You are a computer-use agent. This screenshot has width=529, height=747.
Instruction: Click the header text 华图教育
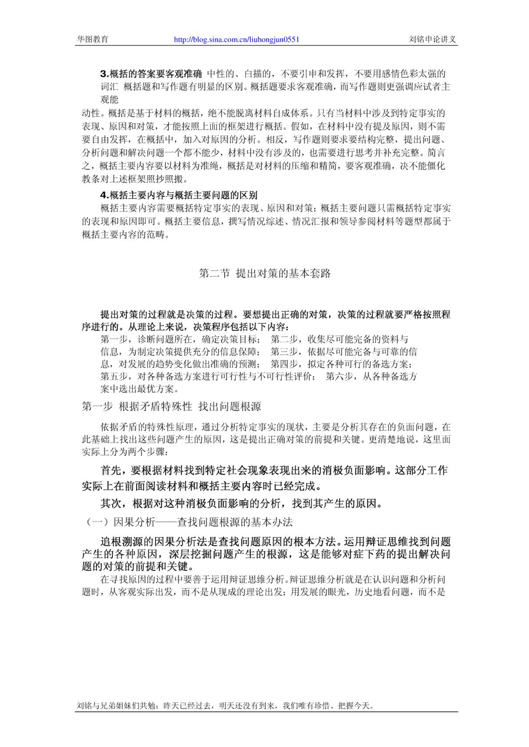(x=93, y=39)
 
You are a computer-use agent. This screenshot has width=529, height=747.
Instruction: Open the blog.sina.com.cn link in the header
(x=237, y=39)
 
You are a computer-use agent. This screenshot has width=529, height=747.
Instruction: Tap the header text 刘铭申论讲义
(x=432, y=39)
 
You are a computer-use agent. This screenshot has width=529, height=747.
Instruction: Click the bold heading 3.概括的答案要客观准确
(x=151, y=73)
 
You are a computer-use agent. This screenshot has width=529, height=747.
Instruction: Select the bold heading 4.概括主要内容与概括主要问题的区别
(x=179, y=195)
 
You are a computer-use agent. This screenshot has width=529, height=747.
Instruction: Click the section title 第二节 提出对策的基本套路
(x=264, y=273)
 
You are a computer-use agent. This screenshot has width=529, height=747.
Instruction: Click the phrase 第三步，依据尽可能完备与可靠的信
(x=343, y=352)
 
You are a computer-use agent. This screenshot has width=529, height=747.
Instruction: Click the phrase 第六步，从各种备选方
(x=371, y=376)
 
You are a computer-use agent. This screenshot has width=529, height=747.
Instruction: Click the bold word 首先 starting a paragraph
(x=112, y=470)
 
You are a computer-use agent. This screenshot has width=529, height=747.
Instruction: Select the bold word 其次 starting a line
(x=112, y=504)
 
